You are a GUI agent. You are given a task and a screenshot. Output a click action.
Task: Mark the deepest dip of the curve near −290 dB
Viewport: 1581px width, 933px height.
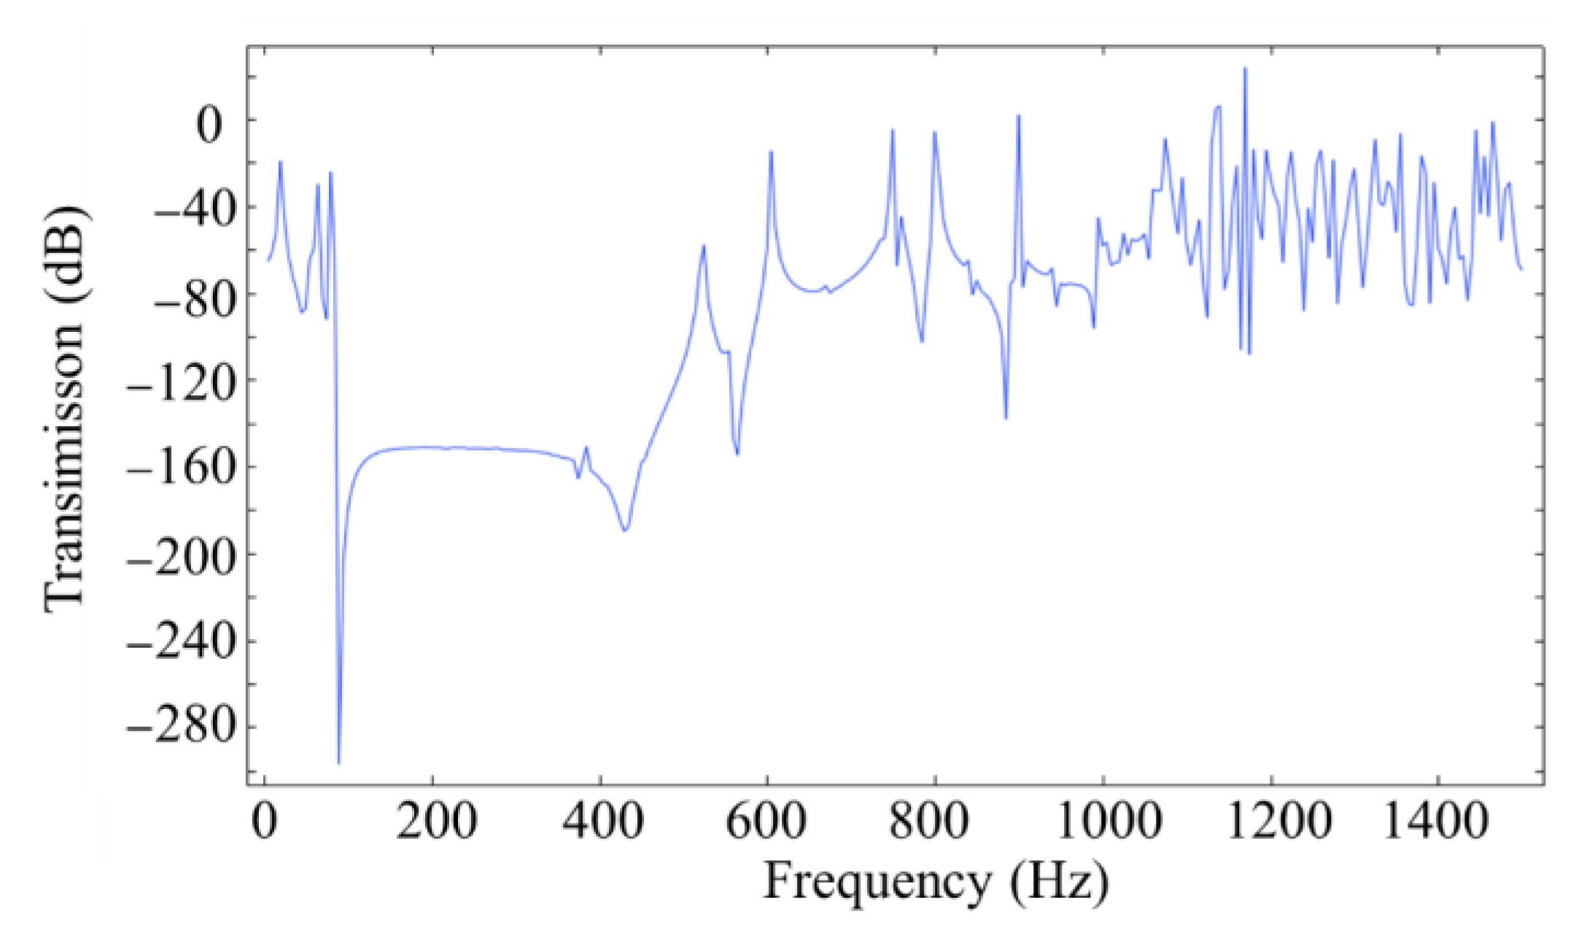(x=338, y=762)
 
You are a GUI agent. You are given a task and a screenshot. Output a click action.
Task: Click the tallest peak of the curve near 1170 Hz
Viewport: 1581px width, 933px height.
(x=1245, y=69)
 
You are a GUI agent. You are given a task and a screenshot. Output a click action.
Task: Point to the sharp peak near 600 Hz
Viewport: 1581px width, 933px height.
(x=770, y=152)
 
